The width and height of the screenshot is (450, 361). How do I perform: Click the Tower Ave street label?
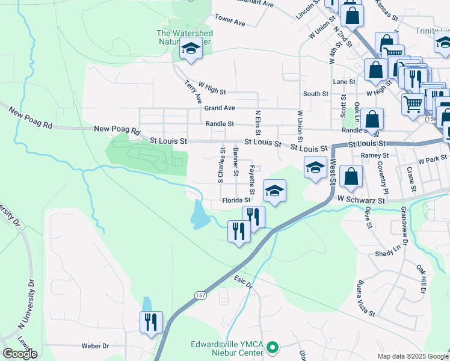click(x=230, y=20)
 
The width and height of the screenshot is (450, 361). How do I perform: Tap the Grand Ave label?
click(x=219, y=108)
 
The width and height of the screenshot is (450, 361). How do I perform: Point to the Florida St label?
click(x=236, y=200)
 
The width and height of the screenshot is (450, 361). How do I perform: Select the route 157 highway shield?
click(x=200, y=295)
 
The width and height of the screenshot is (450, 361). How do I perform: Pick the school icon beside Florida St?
click(x=274, y=191)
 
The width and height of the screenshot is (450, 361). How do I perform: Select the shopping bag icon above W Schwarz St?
click(x=351, y=176)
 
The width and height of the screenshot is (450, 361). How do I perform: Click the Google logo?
click(x=20, y=354)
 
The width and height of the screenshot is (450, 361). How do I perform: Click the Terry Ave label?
click(x=193, y=92)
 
